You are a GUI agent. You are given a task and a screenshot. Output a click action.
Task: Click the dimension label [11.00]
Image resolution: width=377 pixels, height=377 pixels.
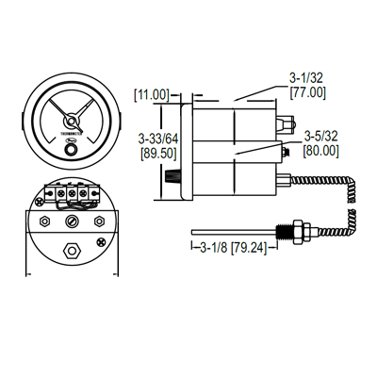pyautogui.click(x=154, y=94)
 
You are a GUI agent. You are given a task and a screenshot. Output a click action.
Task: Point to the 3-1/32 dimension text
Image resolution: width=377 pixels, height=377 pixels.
pyautogui.click(x=309, y=79)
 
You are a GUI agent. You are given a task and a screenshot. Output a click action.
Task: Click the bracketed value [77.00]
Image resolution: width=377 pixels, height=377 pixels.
pyautogui.click(x=309, y=94)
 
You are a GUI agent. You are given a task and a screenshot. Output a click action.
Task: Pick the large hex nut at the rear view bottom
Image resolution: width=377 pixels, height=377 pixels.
pyautogui.click(x=72, y=251)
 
